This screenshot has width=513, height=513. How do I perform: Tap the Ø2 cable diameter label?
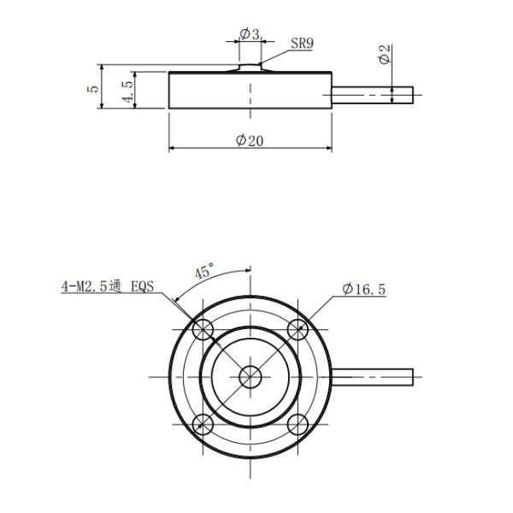(385, 56)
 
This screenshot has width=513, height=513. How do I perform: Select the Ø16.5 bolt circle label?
(363, 290)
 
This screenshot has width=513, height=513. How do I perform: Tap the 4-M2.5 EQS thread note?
(108, 287)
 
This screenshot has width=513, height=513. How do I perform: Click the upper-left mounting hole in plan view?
(203, 329)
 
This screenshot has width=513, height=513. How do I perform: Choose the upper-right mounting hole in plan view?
(297, 329)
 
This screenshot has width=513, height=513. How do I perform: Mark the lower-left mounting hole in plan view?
(203, 422)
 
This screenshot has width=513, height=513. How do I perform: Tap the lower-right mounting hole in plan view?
(297, 422)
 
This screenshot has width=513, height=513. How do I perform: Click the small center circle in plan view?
(251, 376)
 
